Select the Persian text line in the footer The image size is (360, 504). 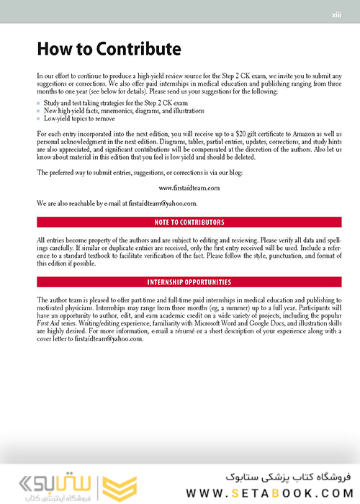(x=274, y=476)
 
